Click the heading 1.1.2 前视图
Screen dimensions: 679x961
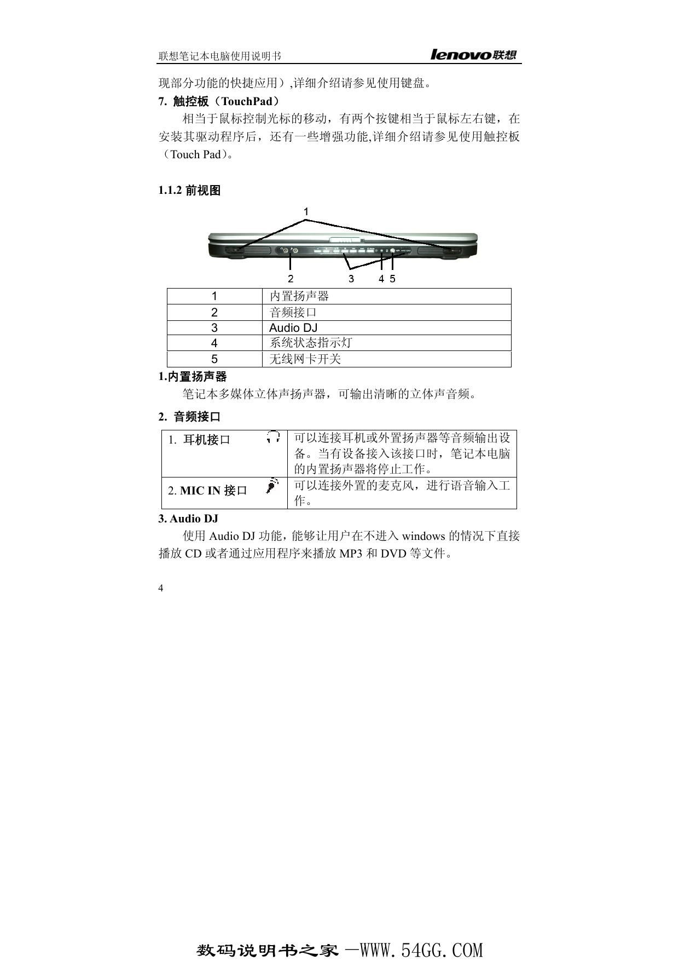click(x=189, y=191)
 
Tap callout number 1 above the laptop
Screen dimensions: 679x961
click(x=306, y=211)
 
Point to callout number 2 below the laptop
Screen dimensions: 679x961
click(x=291, y=279)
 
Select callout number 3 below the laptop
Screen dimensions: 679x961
click(x=351, y=279)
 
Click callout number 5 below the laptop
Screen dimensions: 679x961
click(x=393, y=279)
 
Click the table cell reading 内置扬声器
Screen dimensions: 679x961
click(x=299, y=296)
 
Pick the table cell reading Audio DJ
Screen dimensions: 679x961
click(x=293, y=328)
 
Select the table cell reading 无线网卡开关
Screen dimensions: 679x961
click(x=305, y=359)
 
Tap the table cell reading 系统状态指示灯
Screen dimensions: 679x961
click(x=311, y=343)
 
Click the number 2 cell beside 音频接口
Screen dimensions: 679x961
click(x=214, y=313)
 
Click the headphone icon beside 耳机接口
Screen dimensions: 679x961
click(x=274, y=437)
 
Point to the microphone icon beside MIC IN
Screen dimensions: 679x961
click(x=272, y=486)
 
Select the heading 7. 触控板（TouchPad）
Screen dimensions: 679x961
click(x=219, y=101)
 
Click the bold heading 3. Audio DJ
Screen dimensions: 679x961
click(x=188, y=519)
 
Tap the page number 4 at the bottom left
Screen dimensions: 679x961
click(x=160, y=589)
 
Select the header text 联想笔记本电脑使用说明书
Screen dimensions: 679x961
click(x=220, y=56)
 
